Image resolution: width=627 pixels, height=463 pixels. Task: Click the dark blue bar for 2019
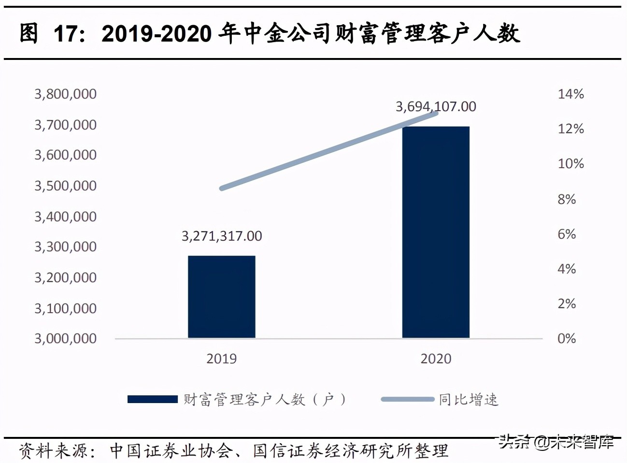[221, 296]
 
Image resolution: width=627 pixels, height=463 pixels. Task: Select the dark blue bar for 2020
[436, 232]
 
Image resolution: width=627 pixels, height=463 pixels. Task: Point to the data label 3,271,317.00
[222, 236]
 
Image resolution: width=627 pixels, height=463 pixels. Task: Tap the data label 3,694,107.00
[436, 106]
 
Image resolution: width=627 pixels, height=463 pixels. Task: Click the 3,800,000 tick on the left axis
[65, 94]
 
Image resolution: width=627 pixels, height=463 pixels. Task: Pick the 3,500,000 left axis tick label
[65, 186]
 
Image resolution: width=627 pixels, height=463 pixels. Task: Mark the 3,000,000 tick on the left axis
[65, 338]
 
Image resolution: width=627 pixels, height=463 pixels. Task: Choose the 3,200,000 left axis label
[65, 277]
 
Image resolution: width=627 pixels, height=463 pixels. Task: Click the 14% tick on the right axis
[570, 94]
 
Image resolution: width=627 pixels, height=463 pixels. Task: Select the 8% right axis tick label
[567, 199]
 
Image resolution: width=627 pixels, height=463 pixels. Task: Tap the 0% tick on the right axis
[567, 338]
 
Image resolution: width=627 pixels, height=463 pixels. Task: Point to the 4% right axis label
[567, 269]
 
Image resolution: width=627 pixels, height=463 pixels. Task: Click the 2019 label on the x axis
[221, 359]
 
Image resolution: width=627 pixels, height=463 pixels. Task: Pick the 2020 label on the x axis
[436, 359]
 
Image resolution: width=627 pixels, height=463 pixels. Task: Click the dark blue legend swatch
[153, 399]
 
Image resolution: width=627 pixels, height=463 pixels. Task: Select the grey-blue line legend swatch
[407, 399]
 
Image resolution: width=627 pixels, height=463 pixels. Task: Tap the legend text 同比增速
[468, 400]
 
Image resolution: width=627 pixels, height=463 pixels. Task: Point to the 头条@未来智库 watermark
[556, 441]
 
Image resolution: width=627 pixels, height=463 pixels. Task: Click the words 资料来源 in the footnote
[54, 451]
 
